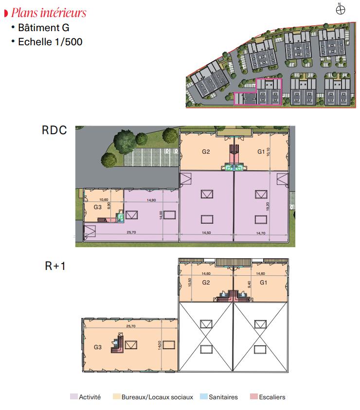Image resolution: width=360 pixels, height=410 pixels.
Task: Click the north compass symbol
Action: pos(341,10)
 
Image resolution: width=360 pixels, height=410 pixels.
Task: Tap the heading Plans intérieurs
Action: pos(49,13)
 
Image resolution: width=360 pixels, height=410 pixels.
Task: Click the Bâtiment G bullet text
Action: pos(44,28)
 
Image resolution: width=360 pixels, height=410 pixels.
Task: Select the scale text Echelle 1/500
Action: pos(50,42)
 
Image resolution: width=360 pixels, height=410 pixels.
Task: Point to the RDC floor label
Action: pos(54,130)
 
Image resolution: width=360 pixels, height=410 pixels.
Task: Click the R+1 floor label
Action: pos(55,266)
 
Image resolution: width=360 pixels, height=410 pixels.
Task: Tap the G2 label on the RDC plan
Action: pos(206,152)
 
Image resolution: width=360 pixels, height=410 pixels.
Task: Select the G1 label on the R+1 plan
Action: pos(264,283)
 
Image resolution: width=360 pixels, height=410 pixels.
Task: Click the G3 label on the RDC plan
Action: pos(98,207)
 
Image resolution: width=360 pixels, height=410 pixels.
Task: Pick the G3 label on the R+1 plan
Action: pos(98,347)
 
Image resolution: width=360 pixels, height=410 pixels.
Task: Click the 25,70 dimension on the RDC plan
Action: pos(131,232)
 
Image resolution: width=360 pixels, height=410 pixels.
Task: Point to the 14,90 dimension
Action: pos(151,200)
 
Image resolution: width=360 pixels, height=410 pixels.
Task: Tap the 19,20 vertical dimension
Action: pos(268,207)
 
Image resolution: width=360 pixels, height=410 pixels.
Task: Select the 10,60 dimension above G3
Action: pos(104,199)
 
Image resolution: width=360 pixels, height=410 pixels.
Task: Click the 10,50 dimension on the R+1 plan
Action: pos(190,283)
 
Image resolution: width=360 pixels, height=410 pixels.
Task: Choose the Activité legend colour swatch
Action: pos(74,396)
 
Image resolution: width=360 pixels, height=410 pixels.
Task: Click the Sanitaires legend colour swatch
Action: pos(203,396)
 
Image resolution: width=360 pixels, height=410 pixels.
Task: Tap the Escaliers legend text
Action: pos(272,397)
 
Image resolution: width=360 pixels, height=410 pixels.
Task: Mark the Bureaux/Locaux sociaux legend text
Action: pos(157,397)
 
